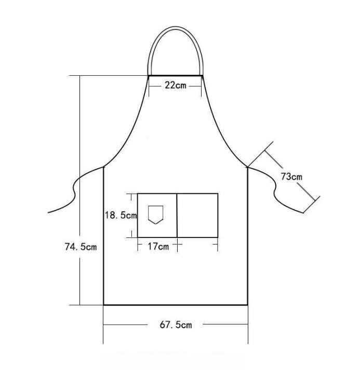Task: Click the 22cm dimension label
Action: point(176,85)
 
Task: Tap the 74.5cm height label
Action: point(81,246)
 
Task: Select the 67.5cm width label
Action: point(176,325)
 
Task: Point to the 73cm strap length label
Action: point(291,177)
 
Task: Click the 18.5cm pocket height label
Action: point(121,215)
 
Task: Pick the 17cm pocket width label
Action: point(158,246)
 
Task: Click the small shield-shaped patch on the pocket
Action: point(155,215)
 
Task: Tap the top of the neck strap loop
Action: point(176,28)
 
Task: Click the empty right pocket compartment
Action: point(197,216)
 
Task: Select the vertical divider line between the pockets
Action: point(177,216)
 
